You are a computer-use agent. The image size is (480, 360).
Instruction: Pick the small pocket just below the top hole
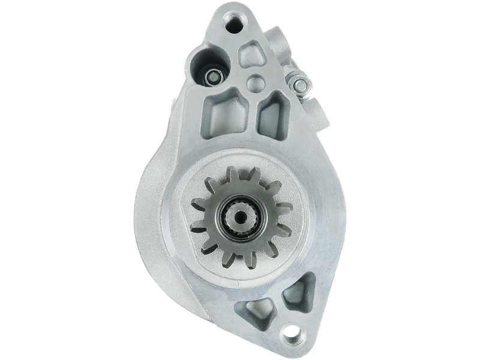pyautogui.click(x=251, y=55)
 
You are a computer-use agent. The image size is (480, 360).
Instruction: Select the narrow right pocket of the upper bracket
pyautogui.click(x=269, y=118)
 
